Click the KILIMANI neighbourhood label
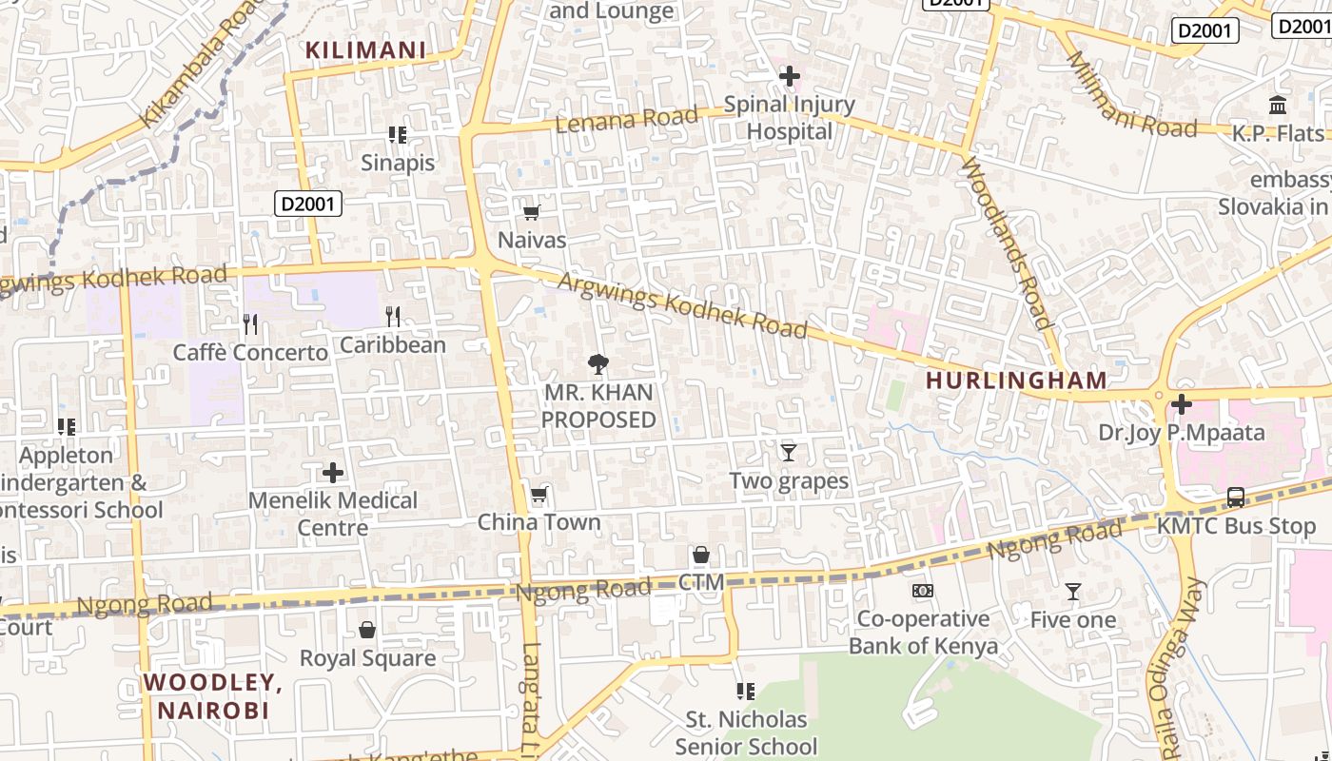click(365, 50)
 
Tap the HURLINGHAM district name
click(1016, 380)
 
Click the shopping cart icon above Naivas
click(532, 212)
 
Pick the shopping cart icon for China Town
click(539, 494)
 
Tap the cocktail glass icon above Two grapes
click(788, 453)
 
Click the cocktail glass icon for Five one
click(1072, 592)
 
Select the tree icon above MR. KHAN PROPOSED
click(597, 363)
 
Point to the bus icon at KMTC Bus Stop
click(1235, 498)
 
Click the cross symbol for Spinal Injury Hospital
click(789, 75)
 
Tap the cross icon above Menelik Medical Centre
click(333, 473)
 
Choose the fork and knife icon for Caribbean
click(392, 317)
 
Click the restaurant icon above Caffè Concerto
click(249, 324)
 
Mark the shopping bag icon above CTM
click(701, 555)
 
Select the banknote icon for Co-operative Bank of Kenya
click(922, 591)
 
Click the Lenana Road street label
click(626, 120)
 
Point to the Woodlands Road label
click(1007, 244)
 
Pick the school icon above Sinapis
click(397, 135)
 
